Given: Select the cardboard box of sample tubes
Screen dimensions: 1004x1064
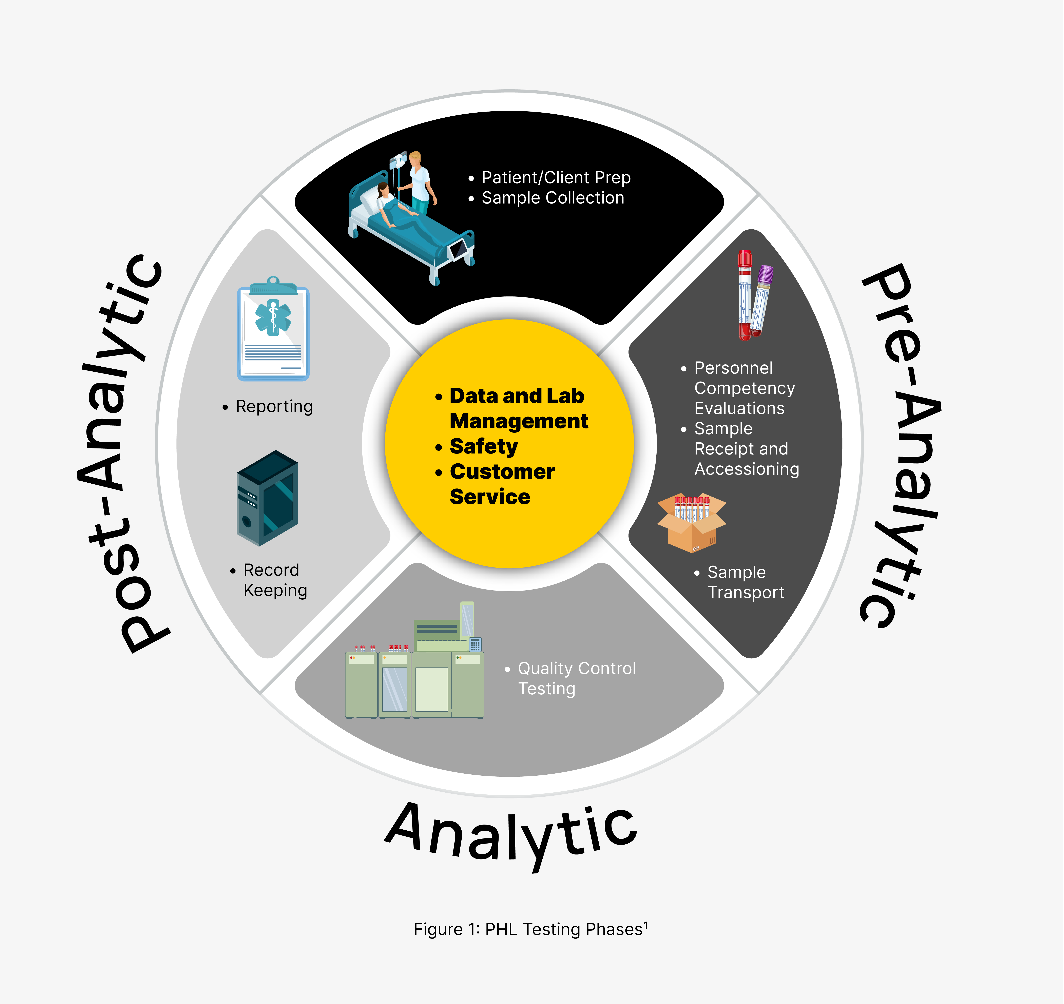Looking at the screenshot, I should [692, 522].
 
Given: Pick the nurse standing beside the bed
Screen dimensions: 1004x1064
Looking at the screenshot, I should [420, 182].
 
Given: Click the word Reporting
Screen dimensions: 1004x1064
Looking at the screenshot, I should [274, 407].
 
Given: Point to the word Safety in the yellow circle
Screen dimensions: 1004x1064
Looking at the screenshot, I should [483, 446].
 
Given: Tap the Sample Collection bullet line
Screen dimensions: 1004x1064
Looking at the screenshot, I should [552, 198].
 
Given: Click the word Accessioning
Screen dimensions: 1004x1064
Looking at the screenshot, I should [747, 469].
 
